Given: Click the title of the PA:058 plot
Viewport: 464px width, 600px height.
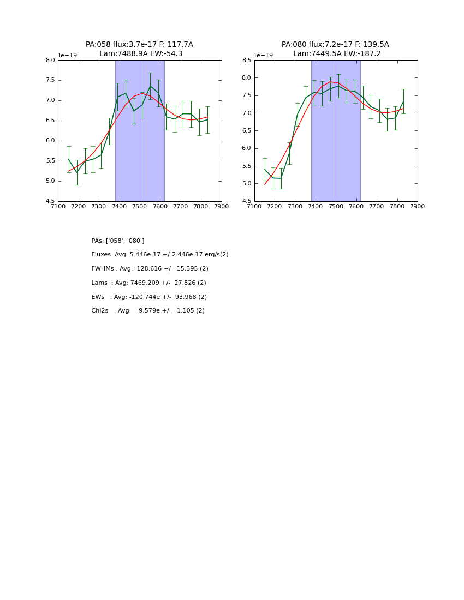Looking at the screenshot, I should coord(139,49).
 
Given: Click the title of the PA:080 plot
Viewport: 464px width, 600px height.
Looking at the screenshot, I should coord(335,49).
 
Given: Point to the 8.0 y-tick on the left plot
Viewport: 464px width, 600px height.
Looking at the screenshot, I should coord(50,61).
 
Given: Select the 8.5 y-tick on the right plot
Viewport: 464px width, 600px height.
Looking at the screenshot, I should coord(247,61).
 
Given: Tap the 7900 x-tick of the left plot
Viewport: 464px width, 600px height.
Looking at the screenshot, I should coord(222,207).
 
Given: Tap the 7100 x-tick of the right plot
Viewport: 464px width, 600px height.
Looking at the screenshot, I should coord(254,207).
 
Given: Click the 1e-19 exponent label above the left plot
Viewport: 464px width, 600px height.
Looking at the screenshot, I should coord(67,56).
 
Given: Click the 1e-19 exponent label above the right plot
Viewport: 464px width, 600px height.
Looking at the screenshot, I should coord(263,56).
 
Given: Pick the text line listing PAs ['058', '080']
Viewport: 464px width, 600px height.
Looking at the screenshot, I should coord(118,241).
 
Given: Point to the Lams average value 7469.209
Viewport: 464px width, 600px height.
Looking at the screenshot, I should coord(148,283).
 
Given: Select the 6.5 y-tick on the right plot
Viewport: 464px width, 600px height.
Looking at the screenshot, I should coord(247,131).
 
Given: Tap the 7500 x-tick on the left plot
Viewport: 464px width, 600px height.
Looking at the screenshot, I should coord(140,207).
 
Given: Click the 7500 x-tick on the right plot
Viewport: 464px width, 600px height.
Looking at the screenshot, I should coord(336,207).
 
